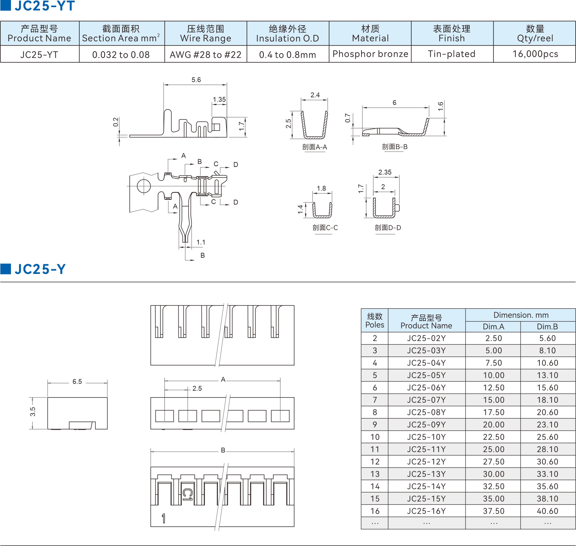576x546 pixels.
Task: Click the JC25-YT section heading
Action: (x=44, y=6)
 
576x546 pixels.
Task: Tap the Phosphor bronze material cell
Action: (x=370, y=54)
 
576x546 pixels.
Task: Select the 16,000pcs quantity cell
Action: (x=535, y=54)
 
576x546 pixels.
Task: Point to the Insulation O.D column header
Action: (x=287, y=33)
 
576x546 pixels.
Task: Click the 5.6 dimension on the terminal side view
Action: (x=196, y=80)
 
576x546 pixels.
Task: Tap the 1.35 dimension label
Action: (x=219, y=100)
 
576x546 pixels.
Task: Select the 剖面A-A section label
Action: (x=314, y=147)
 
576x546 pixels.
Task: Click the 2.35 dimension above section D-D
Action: (x=385, y=172)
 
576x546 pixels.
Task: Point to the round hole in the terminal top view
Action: (x=144, y=186)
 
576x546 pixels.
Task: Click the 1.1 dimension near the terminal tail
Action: (x=201, y=242)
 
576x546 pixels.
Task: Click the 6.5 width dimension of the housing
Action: (x=77, y=382)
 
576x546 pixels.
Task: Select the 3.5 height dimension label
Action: (x=33, y=411)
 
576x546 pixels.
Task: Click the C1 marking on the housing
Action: (x=187, y=494)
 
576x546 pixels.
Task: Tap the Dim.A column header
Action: (x=493, y=327)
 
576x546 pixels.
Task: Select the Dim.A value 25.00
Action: (x=494, y=449)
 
